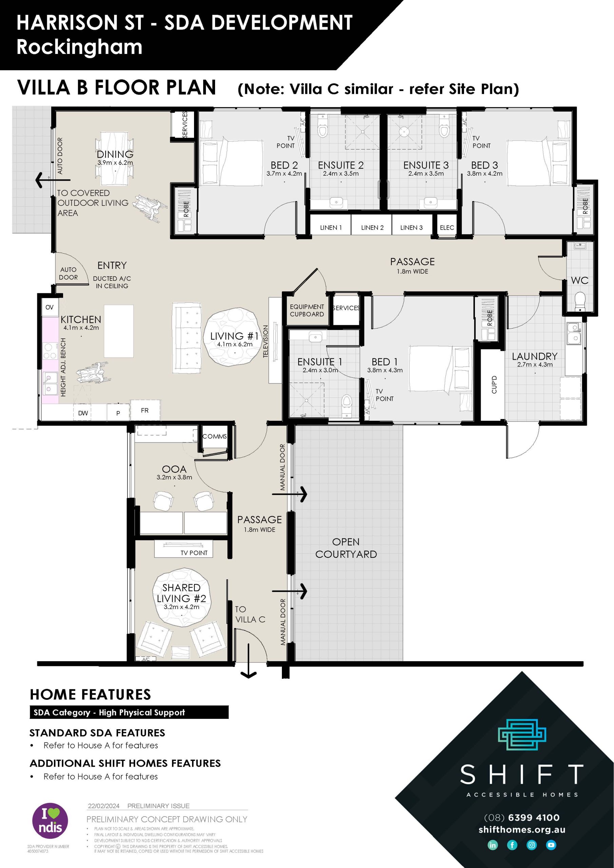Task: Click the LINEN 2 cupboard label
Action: tap(372, 228)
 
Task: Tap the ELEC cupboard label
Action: tap(446, 228)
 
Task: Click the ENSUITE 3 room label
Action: tap(426, 165)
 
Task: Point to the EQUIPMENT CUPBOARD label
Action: tap(307, 310)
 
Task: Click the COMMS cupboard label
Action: tap(214, 436)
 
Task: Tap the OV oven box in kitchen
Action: tap(50, 307)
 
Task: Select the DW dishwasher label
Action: tap(83, 413)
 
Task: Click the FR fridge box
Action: tap(145, 410)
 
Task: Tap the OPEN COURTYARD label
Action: tap(346, 548)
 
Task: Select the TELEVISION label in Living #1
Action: tap(266, 341)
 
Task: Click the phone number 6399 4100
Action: tap(533, 817)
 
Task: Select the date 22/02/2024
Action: tap(104, 806)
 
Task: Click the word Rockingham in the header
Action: tap(79, 47)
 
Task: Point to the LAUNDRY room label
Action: tap(534, 356)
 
